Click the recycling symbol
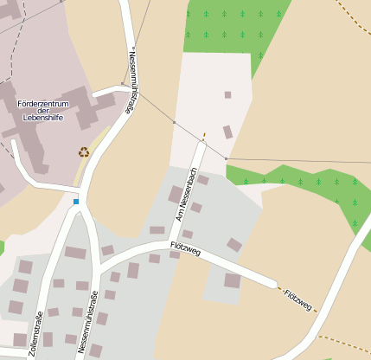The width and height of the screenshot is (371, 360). tap(84, 152)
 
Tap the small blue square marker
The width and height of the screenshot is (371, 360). tap(76, 202)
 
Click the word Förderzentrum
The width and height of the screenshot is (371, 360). tap(43, 104)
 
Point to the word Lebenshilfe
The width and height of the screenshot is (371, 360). tap(43, 119)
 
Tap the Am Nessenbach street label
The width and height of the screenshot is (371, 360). tap(183, 200)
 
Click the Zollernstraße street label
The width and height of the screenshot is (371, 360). tap(37, 333)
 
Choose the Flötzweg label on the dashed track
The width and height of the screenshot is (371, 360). tap(298, 299)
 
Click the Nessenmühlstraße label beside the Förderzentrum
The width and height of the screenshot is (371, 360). tap(132, 80)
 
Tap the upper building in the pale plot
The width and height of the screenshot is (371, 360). tap(227, 94)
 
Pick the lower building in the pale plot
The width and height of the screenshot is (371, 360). tap(227, 132)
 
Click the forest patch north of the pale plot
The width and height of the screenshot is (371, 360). tap(233, 26)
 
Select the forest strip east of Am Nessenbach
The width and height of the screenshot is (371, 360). tap(311, 186)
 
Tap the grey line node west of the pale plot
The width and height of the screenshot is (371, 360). tap(174, 123)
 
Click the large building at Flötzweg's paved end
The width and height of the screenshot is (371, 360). tap(232, 280)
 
